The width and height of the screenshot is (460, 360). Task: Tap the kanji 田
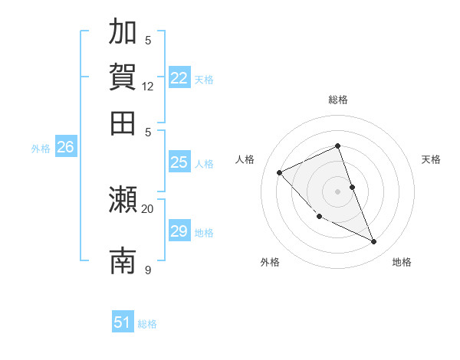pos(123,123)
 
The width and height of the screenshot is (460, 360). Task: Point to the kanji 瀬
pos(123,200)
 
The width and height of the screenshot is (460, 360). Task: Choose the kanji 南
pos(123,260)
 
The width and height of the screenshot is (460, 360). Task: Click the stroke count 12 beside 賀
pos(148,87)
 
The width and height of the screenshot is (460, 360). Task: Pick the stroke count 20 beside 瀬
pos(148,208)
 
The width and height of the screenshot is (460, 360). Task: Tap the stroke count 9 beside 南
pos(148,270)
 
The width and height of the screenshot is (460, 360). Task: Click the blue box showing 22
pos(179,78)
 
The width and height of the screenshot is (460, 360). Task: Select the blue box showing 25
pos(179,162)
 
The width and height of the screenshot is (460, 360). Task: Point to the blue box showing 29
pos(179,231)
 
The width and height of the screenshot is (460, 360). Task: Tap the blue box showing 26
pos(65,147)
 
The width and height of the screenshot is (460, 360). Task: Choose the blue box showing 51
pos(123,322)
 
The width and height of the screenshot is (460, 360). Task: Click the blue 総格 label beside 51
pos(147,324)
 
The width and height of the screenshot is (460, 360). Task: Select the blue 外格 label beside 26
pos(41,149)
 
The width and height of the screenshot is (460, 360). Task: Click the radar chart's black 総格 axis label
pos(337,100)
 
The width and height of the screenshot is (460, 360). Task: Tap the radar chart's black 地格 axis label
pos(402,262)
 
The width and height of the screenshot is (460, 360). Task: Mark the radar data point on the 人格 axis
pos(280,172)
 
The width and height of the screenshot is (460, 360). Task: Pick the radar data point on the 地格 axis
pos(374,242)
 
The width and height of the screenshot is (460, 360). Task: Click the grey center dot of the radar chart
pos(337,191)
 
